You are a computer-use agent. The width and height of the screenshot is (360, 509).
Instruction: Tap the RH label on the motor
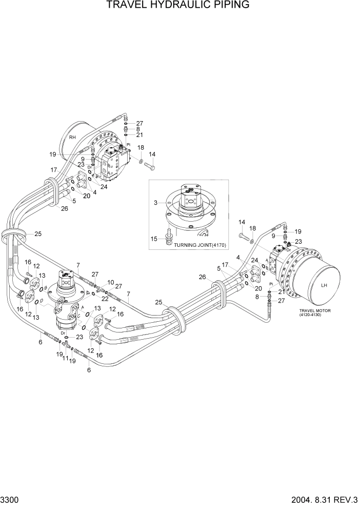(x=73, y=138)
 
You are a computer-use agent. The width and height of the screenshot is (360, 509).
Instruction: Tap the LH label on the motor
(x=324, y=285)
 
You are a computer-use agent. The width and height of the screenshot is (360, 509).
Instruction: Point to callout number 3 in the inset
(x=155, y=204)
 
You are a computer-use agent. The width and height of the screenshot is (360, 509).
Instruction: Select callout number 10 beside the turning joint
(x=111, y=282)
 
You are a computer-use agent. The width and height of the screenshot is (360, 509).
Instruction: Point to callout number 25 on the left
(x=37, y=234)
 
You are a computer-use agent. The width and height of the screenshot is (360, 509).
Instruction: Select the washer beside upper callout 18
(x=140, y=162)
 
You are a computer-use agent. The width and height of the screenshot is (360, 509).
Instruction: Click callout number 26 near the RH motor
(x=64, y=208)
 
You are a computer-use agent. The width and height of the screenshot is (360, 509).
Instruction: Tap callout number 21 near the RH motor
(x=139, y=134)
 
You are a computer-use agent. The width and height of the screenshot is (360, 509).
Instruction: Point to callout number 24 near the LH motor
(x=255, y=261)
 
